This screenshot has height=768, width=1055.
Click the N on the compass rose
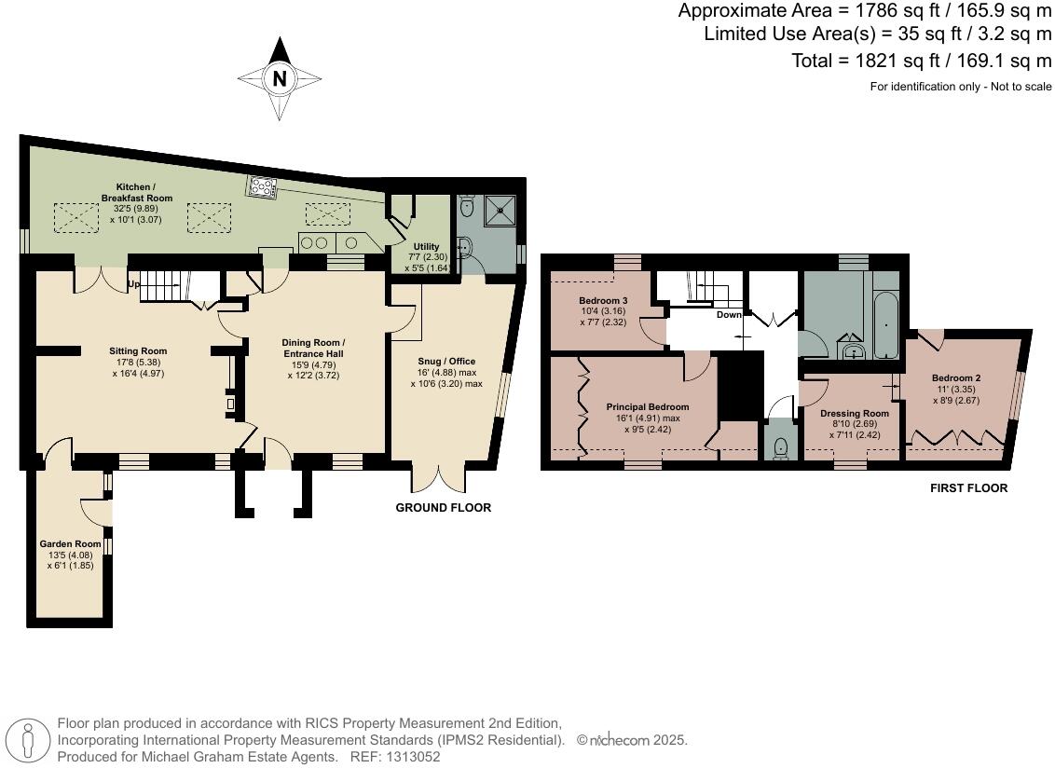point(279,79)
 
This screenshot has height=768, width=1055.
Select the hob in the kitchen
point(262,187)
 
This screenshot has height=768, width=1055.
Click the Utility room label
point(426,247)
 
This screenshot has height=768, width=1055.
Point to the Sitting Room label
point(138,351)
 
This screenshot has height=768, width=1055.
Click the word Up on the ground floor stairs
point(134,283)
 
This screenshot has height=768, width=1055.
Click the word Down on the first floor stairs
point(729,315)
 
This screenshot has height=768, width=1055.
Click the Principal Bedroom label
point(648,407)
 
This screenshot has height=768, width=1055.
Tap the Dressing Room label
point(854,413)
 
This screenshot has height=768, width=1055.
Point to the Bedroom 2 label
point(955,377)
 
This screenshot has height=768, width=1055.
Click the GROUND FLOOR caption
point(443,508)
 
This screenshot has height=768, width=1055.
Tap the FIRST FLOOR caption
point(968,488)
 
